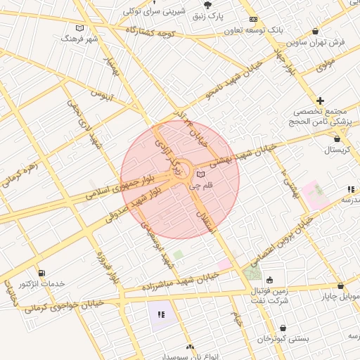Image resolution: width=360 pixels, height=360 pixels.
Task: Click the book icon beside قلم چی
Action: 201,174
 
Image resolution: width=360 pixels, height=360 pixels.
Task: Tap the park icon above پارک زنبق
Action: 205,4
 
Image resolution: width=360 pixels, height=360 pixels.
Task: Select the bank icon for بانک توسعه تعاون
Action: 253,19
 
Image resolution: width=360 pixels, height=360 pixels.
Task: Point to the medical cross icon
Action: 321,101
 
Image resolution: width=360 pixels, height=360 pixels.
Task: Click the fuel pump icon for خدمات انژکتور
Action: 41,272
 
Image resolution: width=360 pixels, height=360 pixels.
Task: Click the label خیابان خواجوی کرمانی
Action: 63,303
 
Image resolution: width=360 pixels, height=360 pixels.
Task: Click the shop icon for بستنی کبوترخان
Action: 283,328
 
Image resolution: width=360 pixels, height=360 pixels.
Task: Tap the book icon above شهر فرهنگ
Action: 79,28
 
